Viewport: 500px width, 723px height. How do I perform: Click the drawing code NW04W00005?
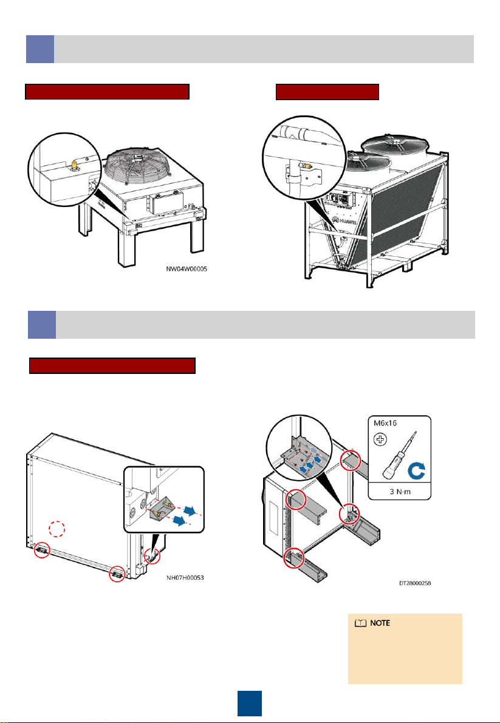click(x=187, y=269)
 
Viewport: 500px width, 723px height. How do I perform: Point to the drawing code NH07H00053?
click(x=185, y=577)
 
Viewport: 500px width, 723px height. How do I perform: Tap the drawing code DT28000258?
click(x=415, y=583)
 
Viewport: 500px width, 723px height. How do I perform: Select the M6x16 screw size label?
click(x=386, y=423)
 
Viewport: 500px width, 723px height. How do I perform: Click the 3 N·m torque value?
click(x=399, y=491)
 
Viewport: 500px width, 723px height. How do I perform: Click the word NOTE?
click(x=380, y=623)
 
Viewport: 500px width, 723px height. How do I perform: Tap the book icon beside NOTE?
click(x=360, y=623)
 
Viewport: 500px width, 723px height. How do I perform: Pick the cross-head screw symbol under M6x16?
click(x=380, y=440)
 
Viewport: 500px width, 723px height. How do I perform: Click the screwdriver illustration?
click(x=397, y=457)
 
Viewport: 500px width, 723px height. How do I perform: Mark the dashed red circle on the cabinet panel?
click(x=57, y=529)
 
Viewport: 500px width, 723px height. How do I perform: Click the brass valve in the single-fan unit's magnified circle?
click(x=72, y=164)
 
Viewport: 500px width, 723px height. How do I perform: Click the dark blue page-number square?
click(x=250, y=703)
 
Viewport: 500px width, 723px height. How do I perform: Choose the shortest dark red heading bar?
click(x=327, y=92)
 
